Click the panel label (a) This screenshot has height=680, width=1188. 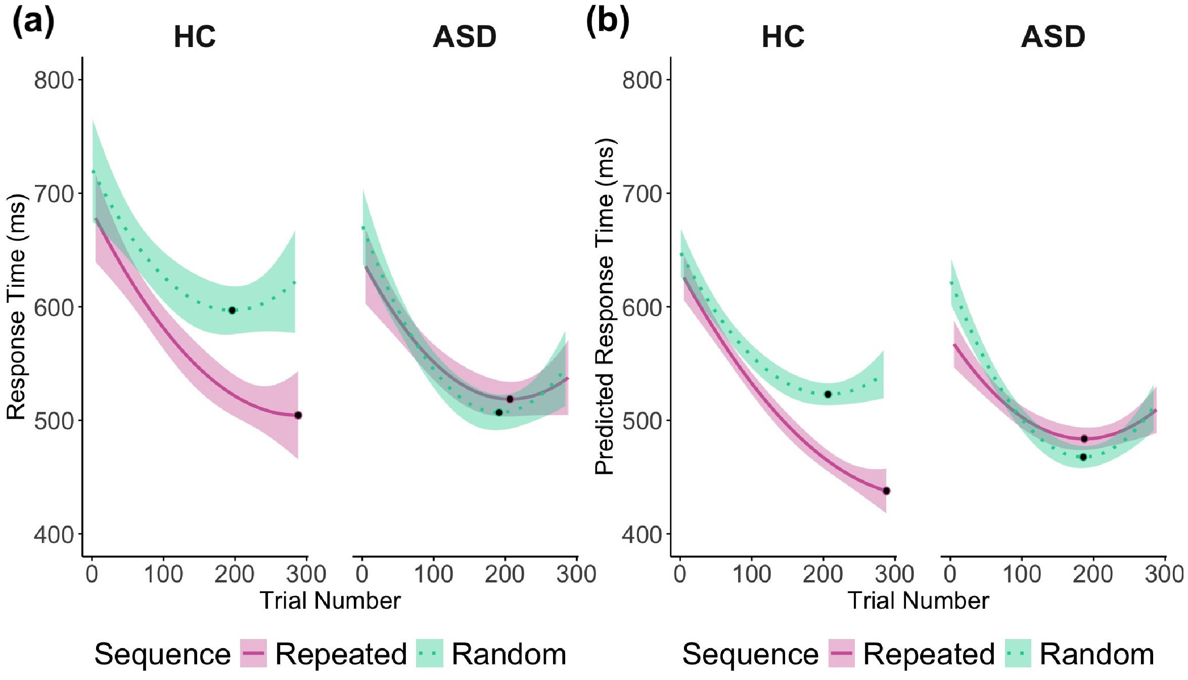pos(33,22)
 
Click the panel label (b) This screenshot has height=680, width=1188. pos(607,22)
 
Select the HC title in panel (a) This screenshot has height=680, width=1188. pos(195,37)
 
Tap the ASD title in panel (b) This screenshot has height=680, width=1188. pos(1053,37)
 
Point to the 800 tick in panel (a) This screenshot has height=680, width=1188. pos(54,80)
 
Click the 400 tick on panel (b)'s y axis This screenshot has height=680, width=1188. pos(642,534)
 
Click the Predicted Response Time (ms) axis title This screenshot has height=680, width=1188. pos(605,306)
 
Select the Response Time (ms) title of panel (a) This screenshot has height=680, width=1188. pos(16,306)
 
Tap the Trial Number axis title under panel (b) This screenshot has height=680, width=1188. pos(918,601)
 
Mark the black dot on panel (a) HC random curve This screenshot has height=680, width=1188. pos(232,310)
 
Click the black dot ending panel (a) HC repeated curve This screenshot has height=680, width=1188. pos(298,416)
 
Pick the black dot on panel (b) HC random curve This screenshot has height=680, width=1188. pos(828,394)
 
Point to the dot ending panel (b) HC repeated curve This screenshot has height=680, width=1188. pos(886,491)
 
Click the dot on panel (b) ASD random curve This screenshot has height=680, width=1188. pos(1083,457)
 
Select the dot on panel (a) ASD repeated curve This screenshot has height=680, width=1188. pos(510,399)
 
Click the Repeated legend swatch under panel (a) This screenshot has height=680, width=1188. pos(253,654)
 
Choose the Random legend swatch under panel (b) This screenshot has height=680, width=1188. pos(1018,654)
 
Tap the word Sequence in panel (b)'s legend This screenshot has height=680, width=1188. pos(750,654)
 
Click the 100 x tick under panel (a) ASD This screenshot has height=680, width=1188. pos(433,574)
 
